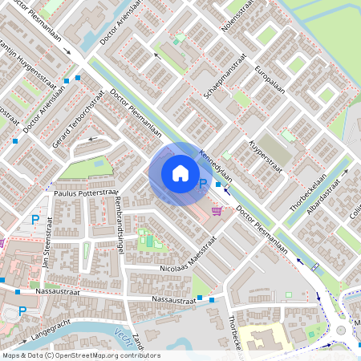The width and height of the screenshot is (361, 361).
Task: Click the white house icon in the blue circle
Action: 180,173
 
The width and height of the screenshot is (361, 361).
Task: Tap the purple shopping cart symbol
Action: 217,210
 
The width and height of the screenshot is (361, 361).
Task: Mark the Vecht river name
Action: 120,335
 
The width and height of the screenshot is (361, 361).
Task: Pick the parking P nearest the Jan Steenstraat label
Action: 34,219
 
